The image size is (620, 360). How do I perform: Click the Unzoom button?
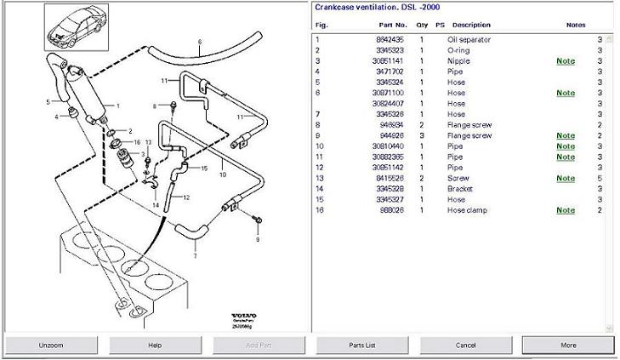coord(50,345)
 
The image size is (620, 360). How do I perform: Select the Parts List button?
coord(362,345)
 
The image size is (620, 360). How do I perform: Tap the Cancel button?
coord(465,345)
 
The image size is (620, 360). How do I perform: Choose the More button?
coord(568,345)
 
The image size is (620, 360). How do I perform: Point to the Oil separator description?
coord(469,40)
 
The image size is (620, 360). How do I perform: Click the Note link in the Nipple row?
coord(566,61)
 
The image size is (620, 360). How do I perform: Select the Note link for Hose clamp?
coord(566,210)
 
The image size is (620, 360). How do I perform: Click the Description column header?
coord(471,25)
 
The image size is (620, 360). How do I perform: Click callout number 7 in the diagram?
coord(194,254)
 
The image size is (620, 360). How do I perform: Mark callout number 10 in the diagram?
coord(222,174)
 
